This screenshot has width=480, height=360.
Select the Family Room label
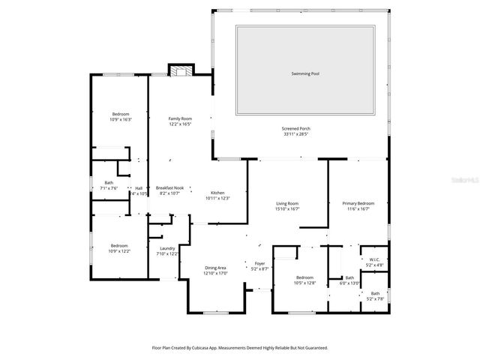click(x=180, y=118)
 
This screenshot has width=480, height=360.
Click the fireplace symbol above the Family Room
click(x=178, y=72)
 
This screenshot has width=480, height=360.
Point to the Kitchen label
click(x=217, y=193)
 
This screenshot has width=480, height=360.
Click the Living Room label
click(x=287, y=203)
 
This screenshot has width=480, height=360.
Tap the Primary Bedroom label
click(x=358, y=203)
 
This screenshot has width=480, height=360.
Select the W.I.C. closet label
click(x=374, y=260)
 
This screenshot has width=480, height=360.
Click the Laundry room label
click(x=167, y=248)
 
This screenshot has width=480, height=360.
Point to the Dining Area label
click(x=215, y=268)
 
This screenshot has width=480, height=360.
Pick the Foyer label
click(x=259, y=263)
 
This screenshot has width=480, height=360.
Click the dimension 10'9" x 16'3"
click(x=121, y=119)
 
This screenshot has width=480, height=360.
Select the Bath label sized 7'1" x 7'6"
click(x=109, y=183)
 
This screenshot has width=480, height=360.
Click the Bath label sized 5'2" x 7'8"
click(x=374, y=293)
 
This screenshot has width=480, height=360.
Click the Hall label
click(x=139, y=187)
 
